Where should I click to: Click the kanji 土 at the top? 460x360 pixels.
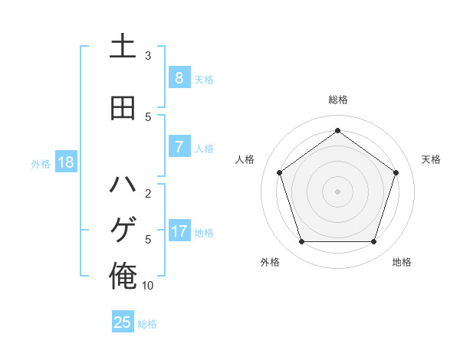(x=123, y=47)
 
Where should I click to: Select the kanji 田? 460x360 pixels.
(x=123, y=109)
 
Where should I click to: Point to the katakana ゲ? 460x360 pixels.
(x=123, y=230)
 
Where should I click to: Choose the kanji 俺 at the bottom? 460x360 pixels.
(x=123, y=275)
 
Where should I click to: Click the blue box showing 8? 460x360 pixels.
(x=179, y=77)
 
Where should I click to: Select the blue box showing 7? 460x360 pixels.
(x=179, y=146)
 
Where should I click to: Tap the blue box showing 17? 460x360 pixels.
(x=179, y=231)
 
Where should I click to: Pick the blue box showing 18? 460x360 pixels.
(x=65, y=162)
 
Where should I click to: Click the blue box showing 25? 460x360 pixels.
(x=123, y=322)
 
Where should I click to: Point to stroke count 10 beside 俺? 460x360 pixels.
(x=148, y=286)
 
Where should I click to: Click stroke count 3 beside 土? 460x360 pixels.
(x=148, y=56)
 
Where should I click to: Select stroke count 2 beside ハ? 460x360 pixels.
(x=148, y=194)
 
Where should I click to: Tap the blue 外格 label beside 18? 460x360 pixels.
(x=41, y=163)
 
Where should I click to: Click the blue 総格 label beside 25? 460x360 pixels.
(x=147, y=324)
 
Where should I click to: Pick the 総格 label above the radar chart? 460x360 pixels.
(x=338, y=100)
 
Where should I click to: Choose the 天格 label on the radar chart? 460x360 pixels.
(x=432, y=159)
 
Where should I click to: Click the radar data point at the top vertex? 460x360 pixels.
(x=337, y=130)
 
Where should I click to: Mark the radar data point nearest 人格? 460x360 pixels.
(x=280, y=172)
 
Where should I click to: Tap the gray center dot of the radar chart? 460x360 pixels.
(x=337, y=191)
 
